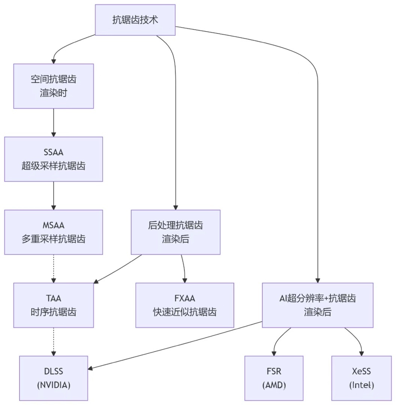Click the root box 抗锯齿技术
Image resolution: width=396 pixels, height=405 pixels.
[x=135, y=20]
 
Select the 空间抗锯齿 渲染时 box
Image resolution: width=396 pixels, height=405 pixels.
[x=54, y=86]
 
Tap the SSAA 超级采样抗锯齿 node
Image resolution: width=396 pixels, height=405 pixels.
[x=54, y=159]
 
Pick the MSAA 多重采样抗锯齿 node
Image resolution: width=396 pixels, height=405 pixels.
[x=54, y=232]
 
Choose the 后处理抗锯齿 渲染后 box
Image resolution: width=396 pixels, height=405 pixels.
[x=175, y=232]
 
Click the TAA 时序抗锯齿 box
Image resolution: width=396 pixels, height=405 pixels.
[x=54, y=305]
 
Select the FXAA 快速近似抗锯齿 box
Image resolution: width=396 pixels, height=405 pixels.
[x=185, y=305]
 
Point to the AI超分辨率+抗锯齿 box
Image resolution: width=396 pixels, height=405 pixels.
[x=317, y=305]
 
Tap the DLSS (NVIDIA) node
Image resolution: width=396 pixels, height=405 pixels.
[x=54, y=378]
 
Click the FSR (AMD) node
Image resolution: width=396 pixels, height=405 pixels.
[x=274, y=378]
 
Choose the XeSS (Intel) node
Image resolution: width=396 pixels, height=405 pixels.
[x=362, y=378]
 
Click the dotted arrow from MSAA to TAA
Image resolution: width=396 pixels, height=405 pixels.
[x=54, y=268]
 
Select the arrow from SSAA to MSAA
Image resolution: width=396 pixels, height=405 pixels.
[x=54, y=195]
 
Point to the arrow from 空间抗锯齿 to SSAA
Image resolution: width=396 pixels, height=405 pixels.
[x=54, y=123]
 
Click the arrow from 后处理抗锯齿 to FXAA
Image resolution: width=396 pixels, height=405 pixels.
[x=184, y=268]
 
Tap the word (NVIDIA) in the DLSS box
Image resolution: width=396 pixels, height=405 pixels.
[x=54, y=385]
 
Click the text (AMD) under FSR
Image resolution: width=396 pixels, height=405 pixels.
[x=274, y=385]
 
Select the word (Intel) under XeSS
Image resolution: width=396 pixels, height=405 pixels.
[x=362, y=385]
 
